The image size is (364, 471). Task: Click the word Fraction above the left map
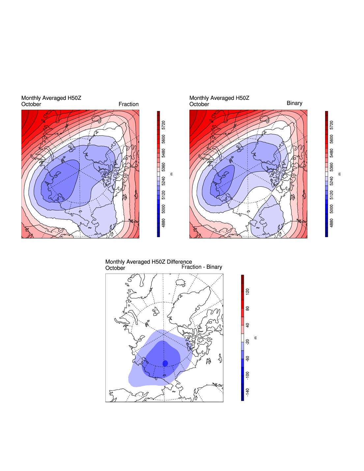pyautogui.click(x=128, y=104)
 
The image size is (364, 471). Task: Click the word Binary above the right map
pyautogui.click(x=294, y=103)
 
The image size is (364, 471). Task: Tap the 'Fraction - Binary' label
pyautogui.click(x=202, y=267)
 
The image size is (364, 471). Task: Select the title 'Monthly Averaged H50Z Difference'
pyautogui.click(x=149, y=262)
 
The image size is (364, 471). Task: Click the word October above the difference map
pyautogui.click(x=115, y=268)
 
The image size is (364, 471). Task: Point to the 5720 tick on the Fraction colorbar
pyautogui.click(x=164, y=125)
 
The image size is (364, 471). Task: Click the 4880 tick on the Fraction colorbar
pyautogui.click(x=164, y=223)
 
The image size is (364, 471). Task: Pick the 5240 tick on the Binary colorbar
pyautogui.click(x=332, y=181)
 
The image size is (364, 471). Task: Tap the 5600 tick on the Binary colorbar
pyautogui.click(x=332, y=139)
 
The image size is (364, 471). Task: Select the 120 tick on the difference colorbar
pyautogui.click(x=247, y=291)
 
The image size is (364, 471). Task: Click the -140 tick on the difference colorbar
pyautogui.click(x=247, y=392)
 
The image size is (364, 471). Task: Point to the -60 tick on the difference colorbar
pyautogui.click(x=247, y=358)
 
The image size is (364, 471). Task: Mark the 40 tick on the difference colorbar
pyautogui.click(x=247, y=325)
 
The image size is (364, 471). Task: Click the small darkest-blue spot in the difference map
pyautogui.click(x=165, y=363)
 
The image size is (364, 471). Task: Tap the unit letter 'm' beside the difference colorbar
pyautogui.click(x=256, y=338)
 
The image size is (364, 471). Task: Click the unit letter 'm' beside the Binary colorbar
pyautogui.click(x=340, y=174)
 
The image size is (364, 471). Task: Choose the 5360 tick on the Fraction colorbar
pyautogui.click(x=164, y=167)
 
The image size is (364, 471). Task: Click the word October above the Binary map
pyautogui.click(x=199, y=104)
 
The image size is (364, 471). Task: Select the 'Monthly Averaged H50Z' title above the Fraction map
pyautogui.click(x=51, y=98)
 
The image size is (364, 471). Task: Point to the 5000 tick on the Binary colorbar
pyautogui.click(x=332, y=209)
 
